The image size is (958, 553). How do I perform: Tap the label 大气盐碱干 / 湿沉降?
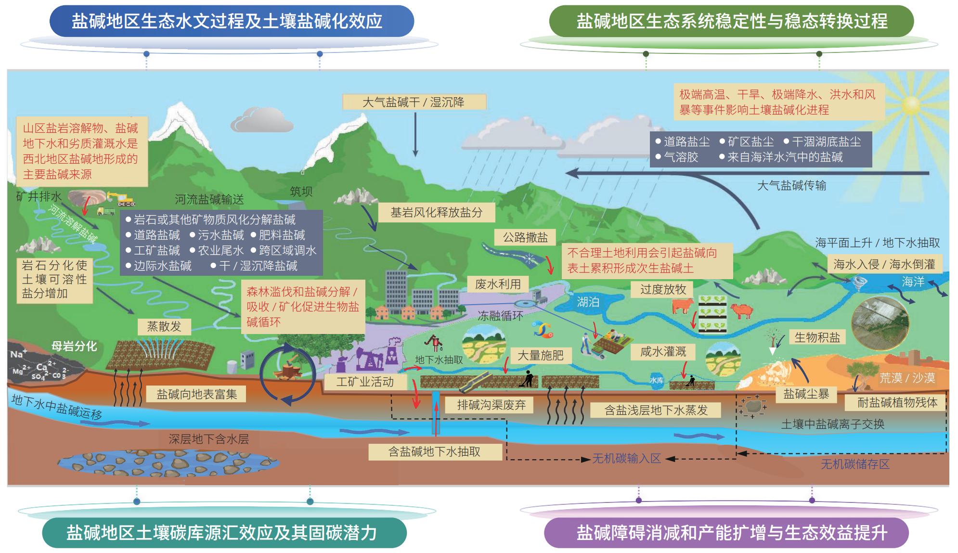pos(414,102)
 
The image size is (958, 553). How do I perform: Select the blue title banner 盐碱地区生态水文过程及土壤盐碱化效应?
pos(232,21)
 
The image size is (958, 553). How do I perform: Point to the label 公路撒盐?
pos(525,237)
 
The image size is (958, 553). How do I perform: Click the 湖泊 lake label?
pos(588,302)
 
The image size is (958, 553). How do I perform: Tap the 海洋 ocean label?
pos(913,282)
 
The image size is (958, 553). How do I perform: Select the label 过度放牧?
pos(662,289)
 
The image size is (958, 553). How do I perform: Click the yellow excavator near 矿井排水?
pos(121,198)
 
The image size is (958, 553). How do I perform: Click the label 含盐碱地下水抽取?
pos(435,451)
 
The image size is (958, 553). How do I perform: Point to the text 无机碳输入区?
pos(626,458)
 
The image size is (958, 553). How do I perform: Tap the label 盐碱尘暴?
pos(806,394)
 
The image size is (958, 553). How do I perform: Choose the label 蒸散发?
pos(164,326)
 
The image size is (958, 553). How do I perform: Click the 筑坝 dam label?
pos(301,192)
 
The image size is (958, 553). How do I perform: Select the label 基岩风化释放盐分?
pos(436,212)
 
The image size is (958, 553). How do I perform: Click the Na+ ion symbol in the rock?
pos(18,354)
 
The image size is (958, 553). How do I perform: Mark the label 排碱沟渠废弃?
pos(492,405)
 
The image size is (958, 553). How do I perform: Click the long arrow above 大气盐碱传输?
pos(746,173)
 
